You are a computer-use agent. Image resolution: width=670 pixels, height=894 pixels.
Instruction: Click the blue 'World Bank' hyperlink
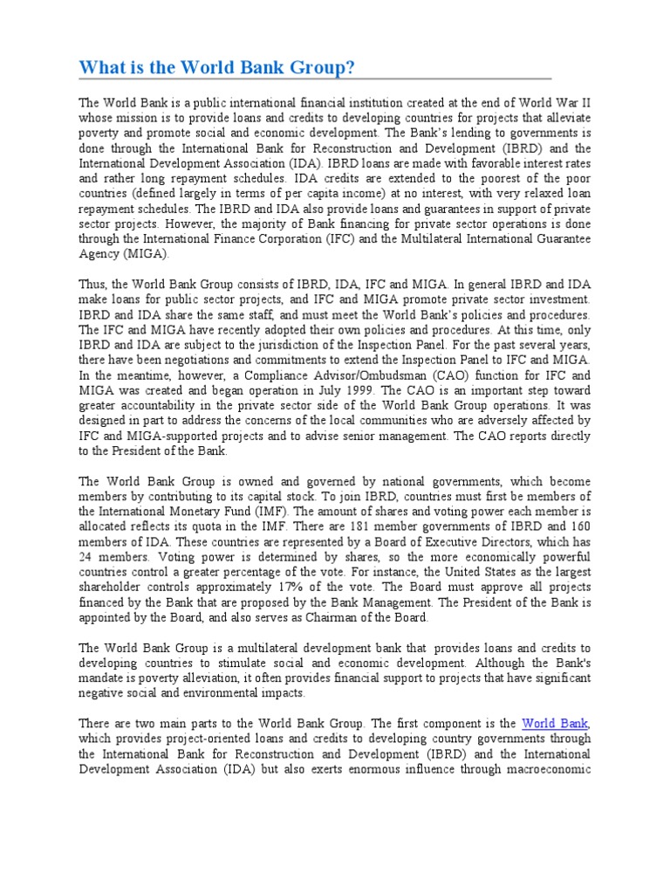coord(555,723)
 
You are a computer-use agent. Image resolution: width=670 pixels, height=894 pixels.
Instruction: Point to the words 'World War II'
coord(557,103)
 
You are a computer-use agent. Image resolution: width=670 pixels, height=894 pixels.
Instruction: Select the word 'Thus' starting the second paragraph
coord(92,284)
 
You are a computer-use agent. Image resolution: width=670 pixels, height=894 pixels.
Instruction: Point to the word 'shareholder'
coord(113,588)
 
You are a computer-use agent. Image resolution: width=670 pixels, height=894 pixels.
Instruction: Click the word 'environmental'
coord(220,693)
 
